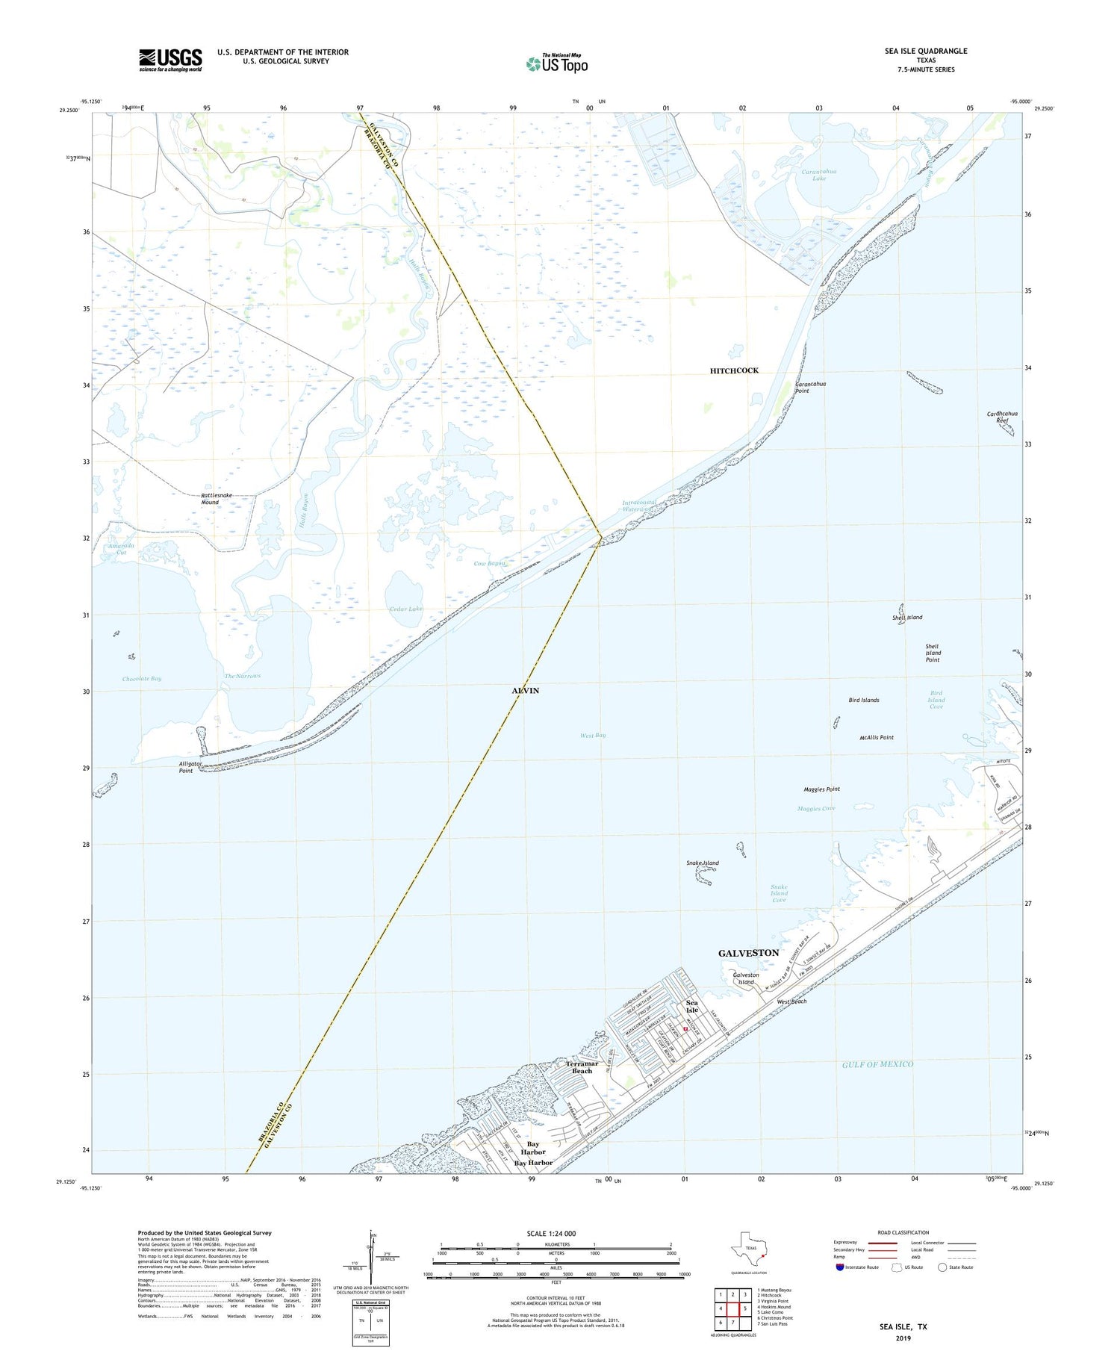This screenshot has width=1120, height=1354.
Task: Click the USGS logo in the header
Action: click(170, 60)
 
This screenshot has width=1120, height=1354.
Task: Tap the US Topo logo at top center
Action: click(557, 63)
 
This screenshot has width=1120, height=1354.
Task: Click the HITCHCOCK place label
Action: click(734, 370)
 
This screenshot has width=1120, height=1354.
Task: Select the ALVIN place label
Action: click(525, 691)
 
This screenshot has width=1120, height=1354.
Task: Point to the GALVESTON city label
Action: click(748, 953)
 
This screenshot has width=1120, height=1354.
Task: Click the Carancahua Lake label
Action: click(819, 175)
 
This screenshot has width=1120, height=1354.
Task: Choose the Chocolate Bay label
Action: click(142, 679)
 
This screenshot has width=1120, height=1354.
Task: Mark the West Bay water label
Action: click(593, 736)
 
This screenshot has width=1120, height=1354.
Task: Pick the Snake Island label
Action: click(702, 863)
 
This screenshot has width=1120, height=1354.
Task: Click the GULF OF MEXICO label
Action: click(877, 1064)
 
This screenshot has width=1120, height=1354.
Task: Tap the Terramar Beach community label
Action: click(582, 1067)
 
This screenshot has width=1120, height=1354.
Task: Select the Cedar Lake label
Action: click(405, 609)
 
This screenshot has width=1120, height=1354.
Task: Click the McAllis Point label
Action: click(877, 737)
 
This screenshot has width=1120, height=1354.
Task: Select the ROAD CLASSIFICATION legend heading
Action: click(903, 1232)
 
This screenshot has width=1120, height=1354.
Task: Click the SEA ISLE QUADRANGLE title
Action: click(926, 51)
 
